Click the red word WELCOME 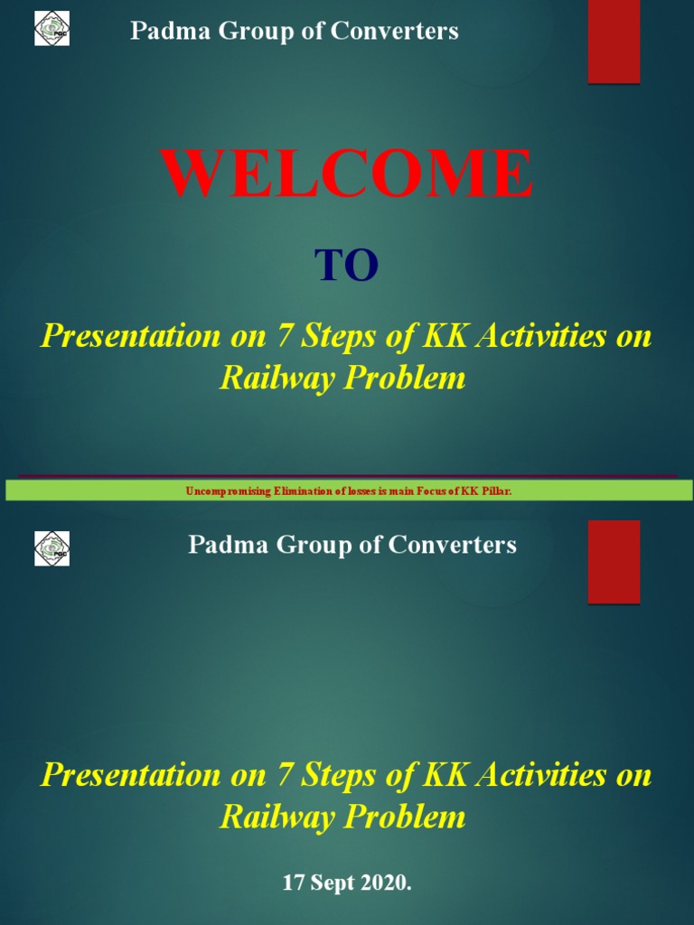tap(347, 173)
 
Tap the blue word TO tap(346, 266)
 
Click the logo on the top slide tap(52, 28)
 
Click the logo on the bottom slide tap(52, 548)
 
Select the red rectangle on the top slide tap(614, 42)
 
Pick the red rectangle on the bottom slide tap(614, 562)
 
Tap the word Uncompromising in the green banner tap(221, 491)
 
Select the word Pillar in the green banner tap(498, 491)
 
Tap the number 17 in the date tap(294, 883)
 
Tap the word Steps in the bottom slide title tap(334, 775)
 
